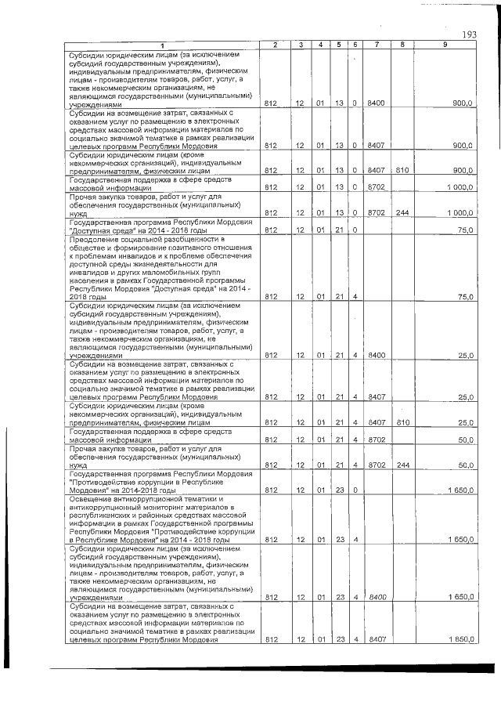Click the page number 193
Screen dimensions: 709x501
coord(470,34)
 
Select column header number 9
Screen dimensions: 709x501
coord(445,45)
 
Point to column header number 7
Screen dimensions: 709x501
coord(377,45)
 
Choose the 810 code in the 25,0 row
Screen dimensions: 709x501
coord(402,422)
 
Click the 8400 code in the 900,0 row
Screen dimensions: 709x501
coord(377,103)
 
